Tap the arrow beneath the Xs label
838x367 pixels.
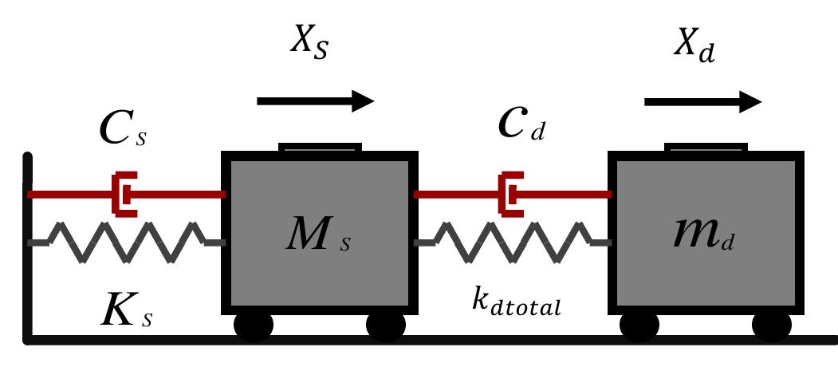click(316, 101)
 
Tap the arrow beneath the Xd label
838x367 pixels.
click(702, 101)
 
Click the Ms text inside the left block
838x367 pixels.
click(320, 236)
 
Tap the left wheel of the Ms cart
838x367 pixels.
click(254, 326)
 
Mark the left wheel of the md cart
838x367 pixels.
click(640, 326)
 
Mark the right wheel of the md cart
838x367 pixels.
click(771, 326)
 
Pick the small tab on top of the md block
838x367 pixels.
click(706, 148)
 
